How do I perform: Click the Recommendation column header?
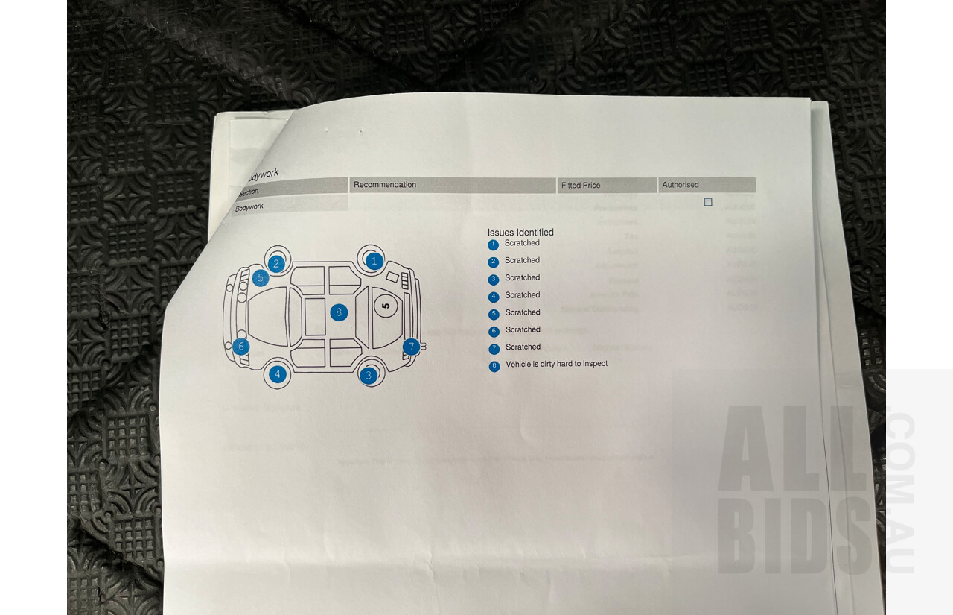384,185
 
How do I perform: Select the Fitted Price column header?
580,186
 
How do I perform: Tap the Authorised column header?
680,185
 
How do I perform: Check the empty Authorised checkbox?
707,202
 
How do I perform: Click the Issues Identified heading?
520,233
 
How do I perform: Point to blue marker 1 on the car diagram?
374,261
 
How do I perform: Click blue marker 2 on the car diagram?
276,263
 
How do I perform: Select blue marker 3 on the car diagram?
369,376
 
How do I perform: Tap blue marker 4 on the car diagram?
278,374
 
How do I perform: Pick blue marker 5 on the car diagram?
260,279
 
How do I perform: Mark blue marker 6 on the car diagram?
240,347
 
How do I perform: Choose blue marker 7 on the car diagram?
410,347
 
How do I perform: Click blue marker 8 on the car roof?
339,312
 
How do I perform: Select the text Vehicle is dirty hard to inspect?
556,364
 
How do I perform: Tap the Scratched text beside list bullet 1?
522,243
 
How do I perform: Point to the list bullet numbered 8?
494,366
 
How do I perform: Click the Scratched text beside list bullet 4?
522,295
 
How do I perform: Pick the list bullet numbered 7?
494,349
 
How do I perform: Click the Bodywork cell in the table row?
250,207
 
